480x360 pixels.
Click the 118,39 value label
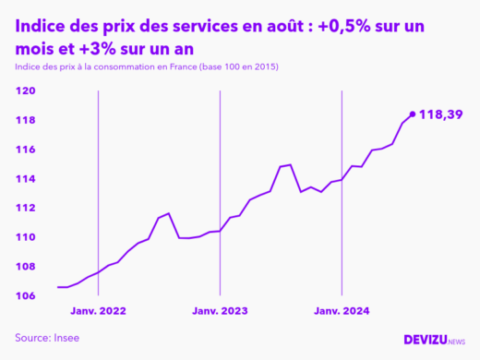coord(440,114)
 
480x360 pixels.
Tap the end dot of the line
coord(412,114)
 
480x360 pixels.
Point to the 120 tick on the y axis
coord(26,91)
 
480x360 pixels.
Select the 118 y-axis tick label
coord(26,120)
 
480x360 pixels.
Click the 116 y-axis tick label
coord(26,150)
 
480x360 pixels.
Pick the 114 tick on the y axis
coord(26,179)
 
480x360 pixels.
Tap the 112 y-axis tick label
coord(26,208)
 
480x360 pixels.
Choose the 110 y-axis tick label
coord(26,237)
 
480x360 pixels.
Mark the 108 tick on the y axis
coord(26,267)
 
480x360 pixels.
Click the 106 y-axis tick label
coord(26,295)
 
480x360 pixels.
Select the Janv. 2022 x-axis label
coord(97,312)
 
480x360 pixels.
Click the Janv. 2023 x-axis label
coord(220,312)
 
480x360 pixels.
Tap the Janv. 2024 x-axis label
coord(342,312)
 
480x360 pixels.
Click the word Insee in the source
coord(66,339)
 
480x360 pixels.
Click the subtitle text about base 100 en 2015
coord(147,68)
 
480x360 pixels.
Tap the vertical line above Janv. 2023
coord(220,185)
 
